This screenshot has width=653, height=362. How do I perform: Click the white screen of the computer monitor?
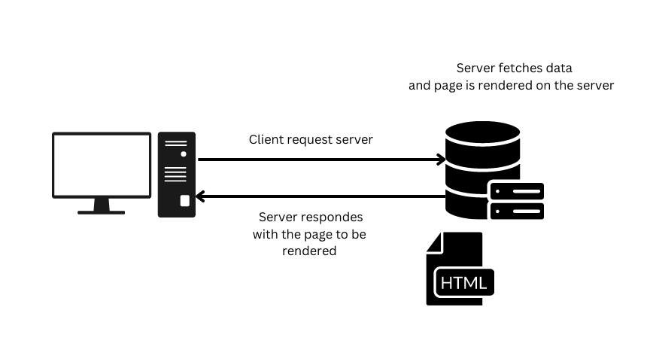(102, 165)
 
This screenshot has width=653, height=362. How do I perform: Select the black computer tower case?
(176, 175)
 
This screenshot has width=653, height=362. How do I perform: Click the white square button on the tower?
(185, 201)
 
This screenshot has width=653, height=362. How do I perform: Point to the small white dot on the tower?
(184, 153)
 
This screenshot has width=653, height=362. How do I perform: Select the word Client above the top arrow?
(266, 140)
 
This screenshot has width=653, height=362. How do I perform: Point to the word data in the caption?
(566, 68)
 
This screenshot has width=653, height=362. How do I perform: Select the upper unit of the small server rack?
(517, 191)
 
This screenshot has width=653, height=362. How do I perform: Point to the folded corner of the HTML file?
(435, 243)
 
